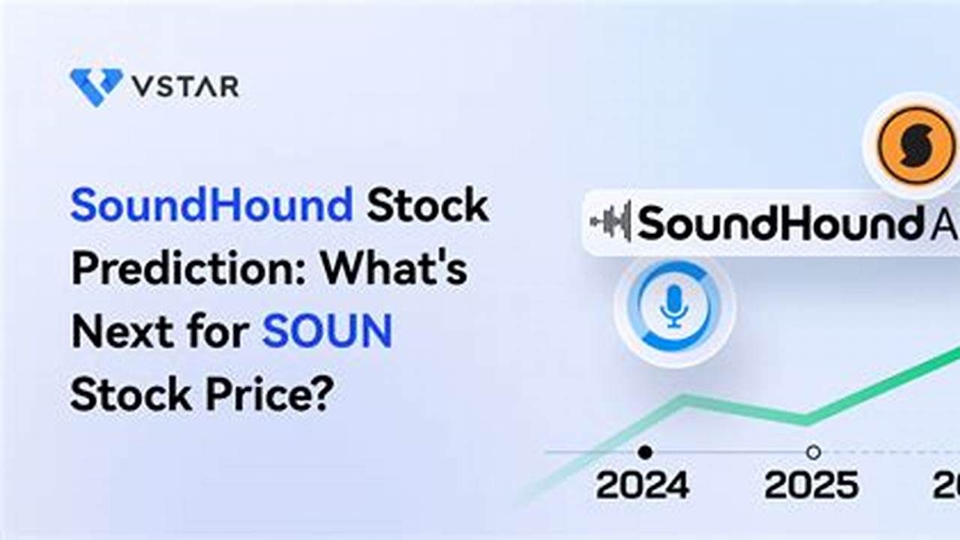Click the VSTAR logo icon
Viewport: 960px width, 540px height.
[x=96, y=85]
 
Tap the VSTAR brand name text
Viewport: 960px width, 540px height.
[x=185, y=86]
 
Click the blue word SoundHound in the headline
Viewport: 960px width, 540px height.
[x=211, y=205]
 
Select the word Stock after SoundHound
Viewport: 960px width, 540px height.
[x=427, y=205]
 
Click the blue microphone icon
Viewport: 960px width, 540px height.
[x=674, y=306]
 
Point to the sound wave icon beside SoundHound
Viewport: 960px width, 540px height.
[x=610, y=222]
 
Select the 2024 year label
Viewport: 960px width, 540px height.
[x=643, y=485]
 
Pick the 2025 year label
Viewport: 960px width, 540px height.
[x=811, y=485]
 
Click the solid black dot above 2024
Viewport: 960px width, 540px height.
[x=644, y=452]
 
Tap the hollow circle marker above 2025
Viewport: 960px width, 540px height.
[x=813, y=452]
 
